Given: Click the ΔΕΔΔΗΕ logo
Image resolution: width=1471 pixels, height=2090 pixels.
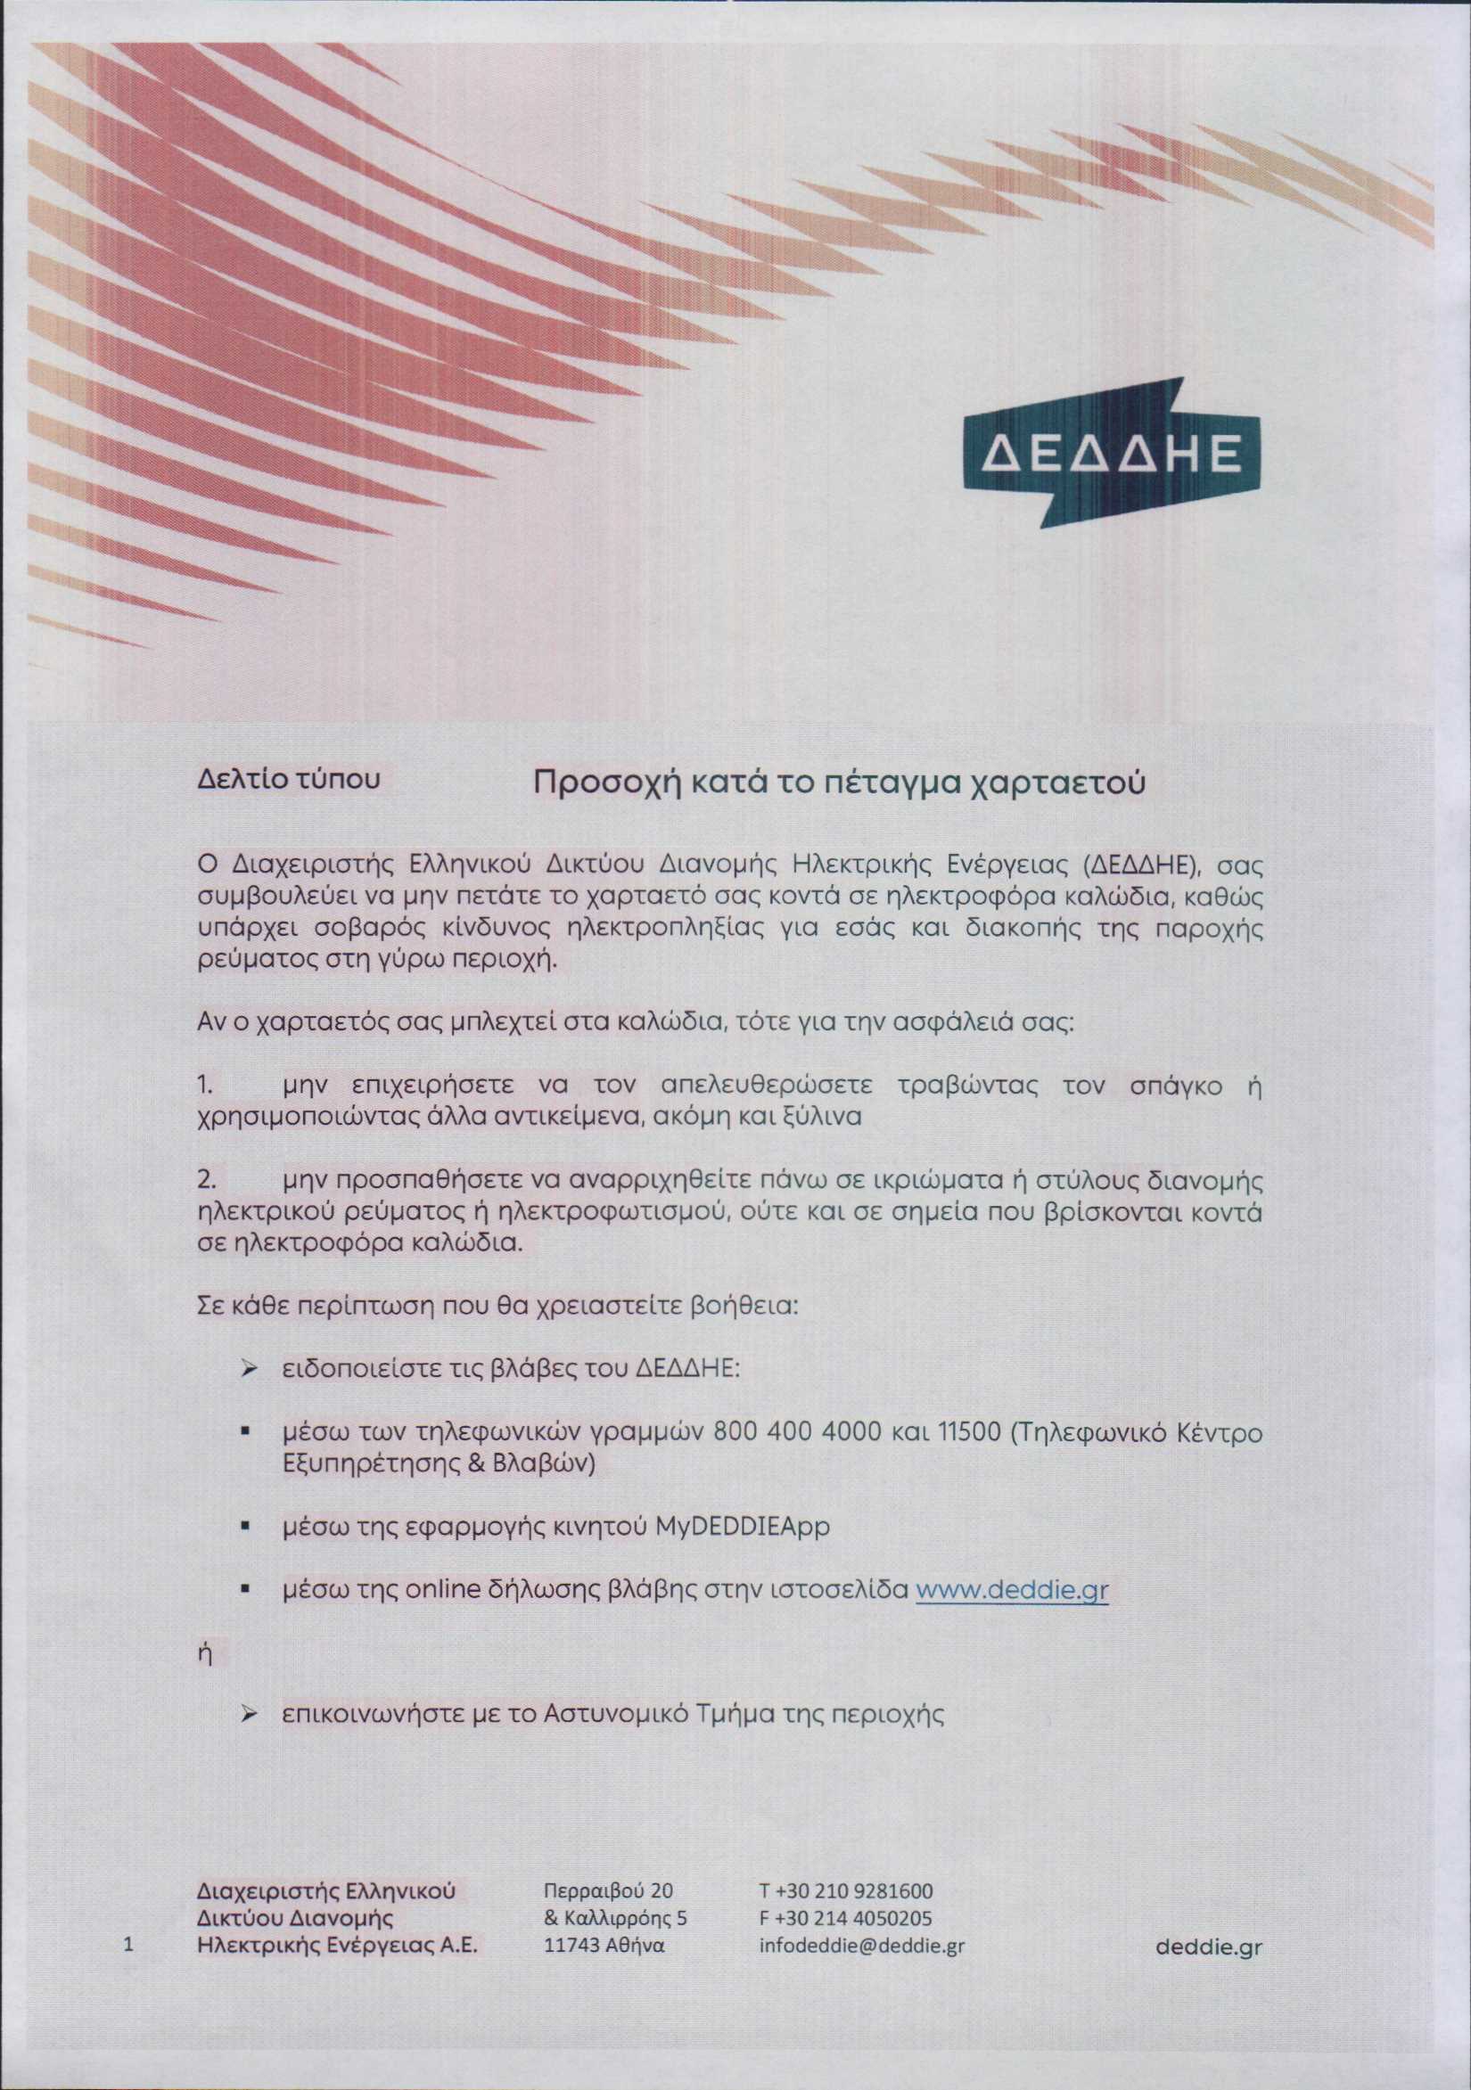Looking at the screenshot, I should click(x=1112, y=454).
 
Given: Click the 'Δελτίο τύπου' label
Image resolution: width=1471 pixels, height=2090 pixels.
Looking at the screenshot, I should click(x=289, y=780).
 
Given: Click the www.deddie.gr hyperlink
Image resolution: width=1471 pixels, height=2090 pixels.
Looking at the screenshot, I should click(x=1011, y=1590).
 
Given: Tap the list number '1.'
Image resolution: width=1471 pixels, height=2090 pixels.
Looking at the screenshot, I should click(x=206, y=1086).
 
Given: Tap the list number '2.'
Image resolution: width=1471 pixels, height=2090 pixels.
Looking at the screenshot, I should click(x=208, y=1181).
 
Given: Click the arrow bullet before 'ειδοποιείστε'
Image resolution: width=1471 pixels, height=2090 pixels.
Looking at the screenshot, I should click(x=246, y=1371).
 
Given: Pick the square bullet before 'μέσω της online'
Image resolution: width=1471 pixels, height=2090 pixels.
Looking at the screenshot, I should click(x=245, y=1591).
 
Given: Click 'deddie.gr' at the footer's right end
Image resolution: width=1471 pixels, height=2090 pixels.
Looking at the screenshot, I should click(x=1208, y=1947).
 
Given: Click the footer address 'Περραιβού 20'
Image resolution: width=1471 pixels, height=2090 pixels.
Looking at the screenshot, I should click(x=608, y=1890).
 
